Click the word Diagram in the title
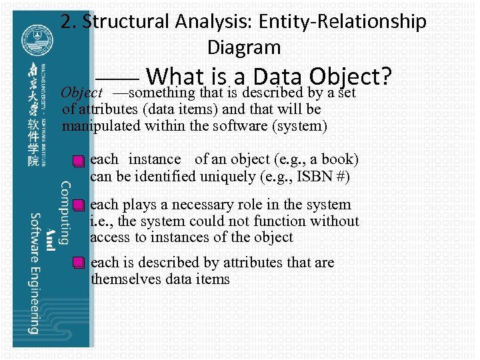[244, 47]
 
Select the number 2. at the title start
[69, 22]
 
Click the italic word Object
[81, 93]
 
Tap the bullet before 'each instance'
[79, 161]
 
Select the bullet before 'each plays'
[79, 205]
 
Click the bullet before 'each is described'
[79, 263]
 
